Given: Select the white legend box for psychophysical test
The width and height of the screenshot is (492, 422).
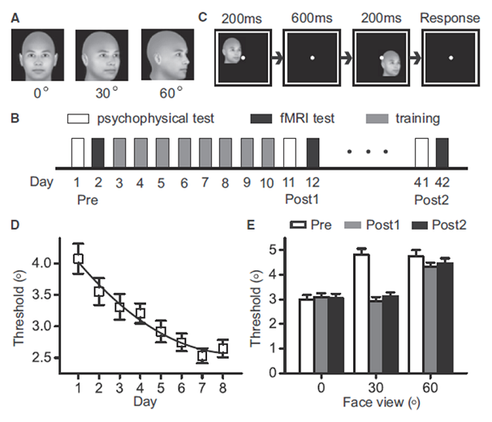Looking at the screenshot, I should click(77, 118).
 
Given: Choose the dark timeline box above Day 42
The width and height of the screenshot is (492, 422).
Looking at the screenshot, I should click(442, 152).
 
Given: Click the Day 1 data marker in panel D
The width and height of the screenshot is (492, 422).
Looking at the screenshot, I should click(79, 259).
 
